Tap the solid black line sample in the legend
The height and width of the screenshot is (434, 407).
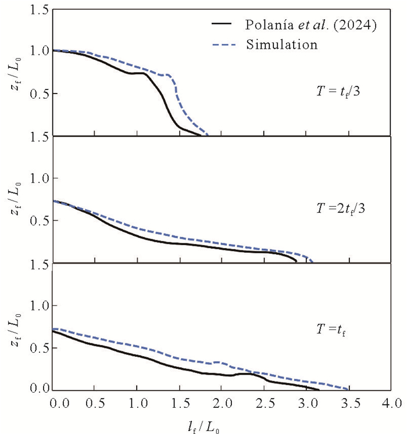tap(222, 25)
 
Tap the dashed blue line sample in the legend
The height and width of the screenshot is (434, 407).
tap(222, 45)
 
